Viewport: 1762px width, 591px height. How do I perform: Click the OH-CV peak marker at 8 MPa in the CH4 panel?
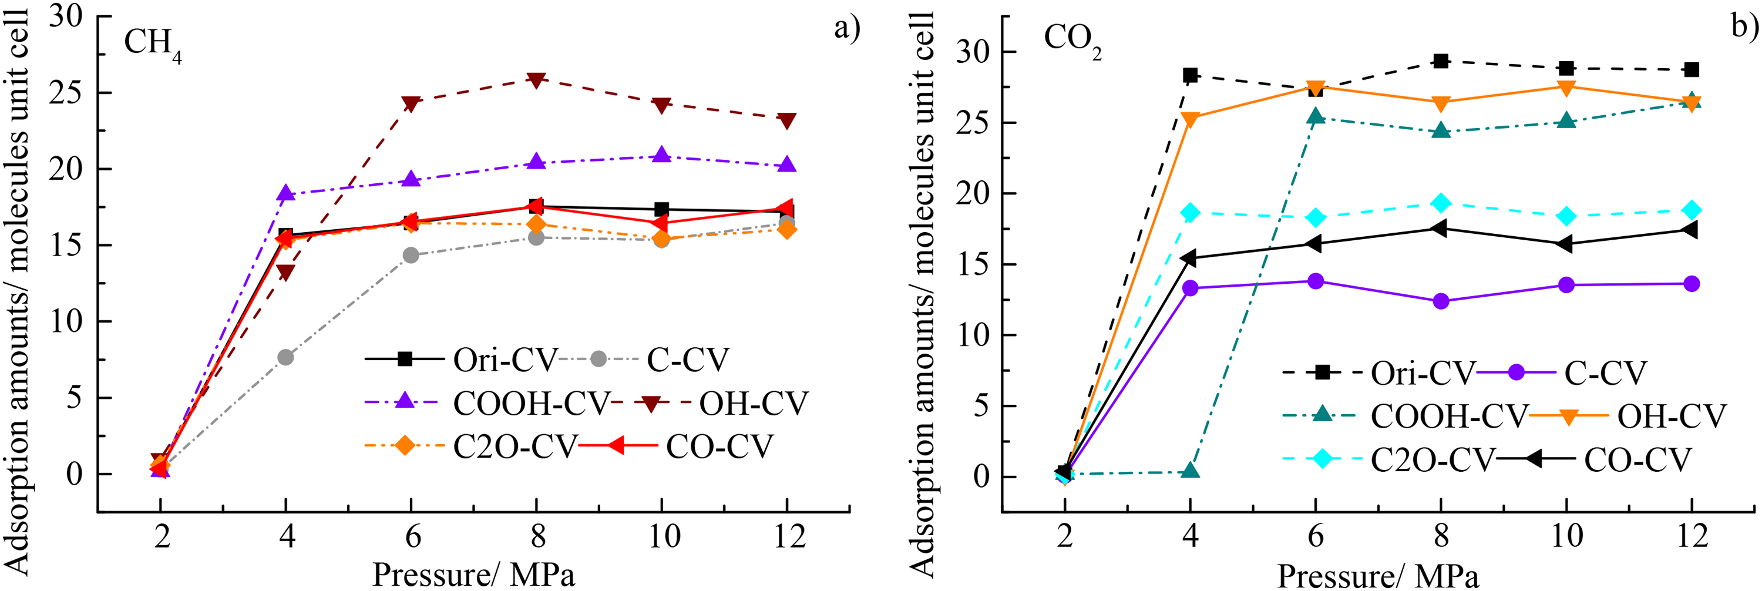pos(536,79)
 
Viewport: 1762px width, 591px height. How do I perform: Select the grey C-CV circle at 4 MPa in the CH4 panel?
pos(285,357)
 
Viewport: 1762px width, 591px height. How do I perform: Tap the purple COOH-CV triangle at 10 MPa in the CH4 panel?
pos(661,155)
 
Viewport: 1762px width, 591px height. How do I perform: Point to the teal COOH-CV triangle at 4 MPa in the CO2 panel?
pos(1190,471)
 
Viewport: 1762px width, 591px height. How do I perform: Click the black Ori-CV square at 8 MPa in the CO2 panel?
pos(1441,61)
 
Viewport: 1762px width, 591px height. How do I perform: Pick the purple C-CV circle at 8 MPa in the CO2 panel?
pos(1441,301)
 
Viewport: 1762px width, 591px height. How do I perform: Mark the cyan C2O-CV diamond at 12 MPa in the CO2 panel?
pos(1692,210)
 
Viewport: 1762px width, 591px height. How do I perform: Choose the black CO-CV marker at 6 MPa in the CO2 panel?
pos(1314,244)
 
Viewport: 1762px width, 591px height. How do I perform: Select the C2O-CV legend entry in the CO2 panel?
pos(1389,459)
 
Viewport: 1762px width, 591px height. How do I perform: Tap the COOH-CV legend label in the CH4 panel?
pos(531,404)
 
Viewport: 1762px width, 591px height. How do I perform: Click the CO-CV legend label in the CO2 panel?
pos(1637,459)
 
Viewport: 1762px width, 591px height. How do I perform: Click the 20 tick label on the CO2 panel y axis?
pos(973,194)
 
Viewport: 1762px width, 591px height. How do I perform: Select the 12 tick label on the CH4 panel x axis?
pos(789,536)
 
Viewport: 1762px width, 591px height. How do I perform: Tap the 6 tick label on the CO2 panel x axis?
pos(1316,536)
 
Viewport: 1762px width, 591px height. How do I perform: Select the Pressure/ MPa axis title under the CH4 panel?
pos(473,575)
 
